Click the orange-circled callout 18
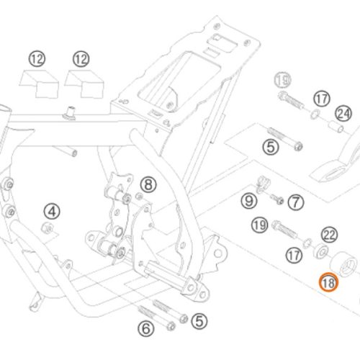328,282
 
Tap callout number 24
343,114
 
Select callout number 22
329,235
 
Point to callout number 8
148,184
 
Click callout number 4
52,212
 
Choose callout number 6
146,328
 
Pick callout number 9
249,201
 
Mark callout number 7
296,202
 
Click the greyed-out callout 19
282,80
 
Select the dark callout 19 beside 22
260,225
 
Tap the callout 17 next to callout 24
322,99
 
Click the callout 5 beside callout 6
199,321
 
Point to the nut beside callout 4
47,228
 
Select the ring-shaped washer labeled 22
321,251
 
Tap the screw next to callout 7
277,199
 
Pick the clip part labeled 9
262,184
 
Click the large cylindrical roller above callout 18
343,264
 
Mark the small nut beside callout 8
139,197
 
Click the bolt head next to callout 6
171,326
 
